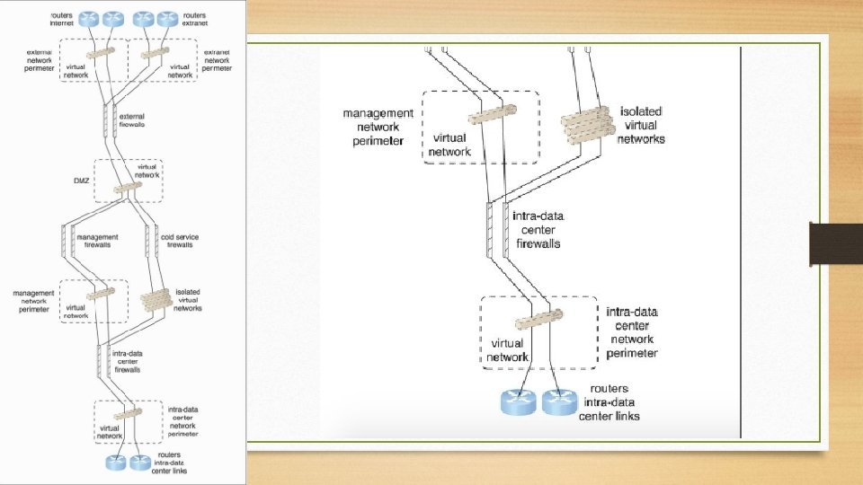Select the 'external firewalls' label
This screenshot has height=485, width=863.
(x=131, y=119)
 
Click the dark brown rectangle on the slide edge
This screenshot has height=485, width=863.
(x=836, y=243)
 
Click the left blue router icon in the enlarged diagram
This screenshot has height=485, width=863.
(x=518, y=401)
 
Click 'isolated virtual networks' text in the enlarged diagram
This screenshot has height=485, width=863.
(x=642, y=125)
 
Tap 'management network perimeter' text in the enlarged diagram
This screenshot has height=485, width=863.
(x=378, y=127)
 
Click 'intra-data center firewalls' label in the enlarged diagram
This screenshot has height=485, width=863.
(x=539, y=229)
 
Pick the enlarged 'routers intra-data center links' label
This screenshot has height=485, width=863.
(x=609, y=402)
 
